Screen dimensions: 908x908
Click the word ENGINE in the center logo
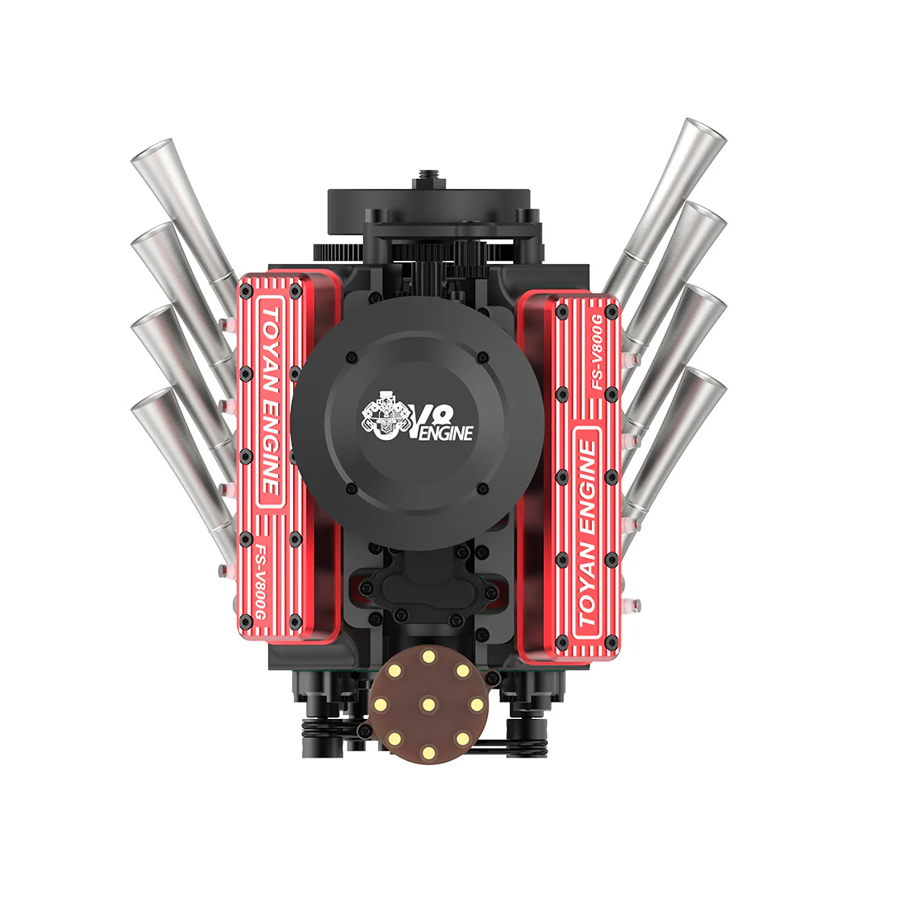pos(447,431)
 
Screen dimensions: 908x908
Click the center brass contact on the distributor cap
pos(428,704)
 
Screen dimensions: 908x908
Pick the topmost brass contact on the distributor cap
pos(428,657)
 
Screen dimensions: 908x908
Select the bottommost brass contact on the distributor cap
pos(428,751)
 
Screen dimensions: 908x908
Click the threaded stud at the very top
pos(428,175)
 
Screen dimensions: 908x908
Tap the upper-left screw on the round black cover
pos(352,357)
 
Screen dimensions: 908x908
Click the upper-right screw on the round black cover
pos(483,357)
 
